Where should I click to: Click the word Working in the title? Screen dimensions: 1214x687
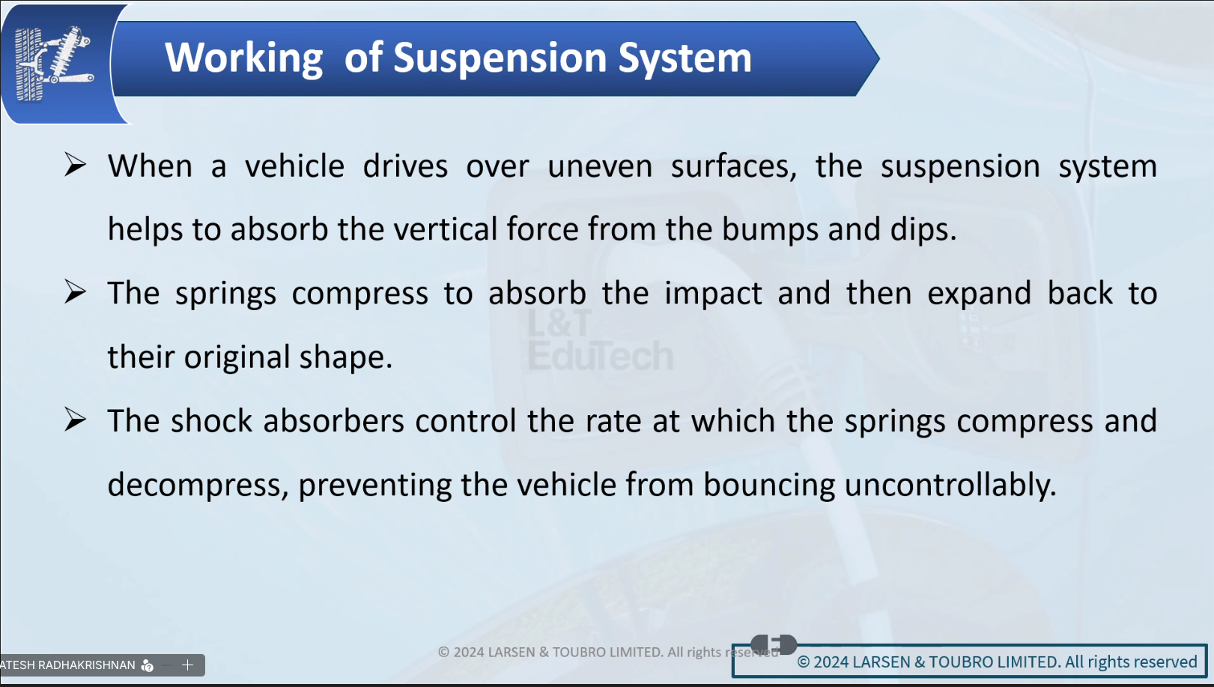click(x=244, y=58)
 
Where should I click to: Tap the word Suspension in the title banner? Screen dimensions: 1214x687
click(x=500, y=58)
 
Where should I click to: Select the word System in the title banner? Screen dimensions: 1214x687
click(x=685, y=58)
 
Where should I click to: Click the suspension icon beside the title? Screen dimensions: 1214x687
click(x=54, y=64)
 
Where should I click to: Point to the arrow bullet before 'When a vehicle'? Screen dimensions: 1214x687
click(x=75, y=165)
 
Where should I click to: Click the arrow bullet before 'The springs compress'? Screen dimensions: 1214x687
click(x=75, y=292)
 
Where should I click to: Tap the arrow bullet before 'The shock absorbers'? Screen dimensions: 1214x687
click(x=75, y=420)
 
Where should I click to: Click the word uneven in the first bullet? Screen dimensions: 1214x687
click(x=600, y=166)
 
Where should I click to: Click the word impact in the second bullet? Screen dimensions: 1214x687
click(x=713, y=294)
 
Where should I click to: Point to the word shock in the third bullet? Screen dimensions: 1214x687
click(x=211, y=421)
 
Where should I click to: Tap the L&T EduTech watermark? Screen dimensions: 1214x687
click(x=600, y=340)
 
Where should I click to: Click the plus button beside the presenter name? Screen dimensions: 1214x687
click(x=187, y=665)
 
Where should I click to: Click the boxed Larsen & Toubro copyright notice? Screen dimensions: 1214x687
click(x=970, y=661)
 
